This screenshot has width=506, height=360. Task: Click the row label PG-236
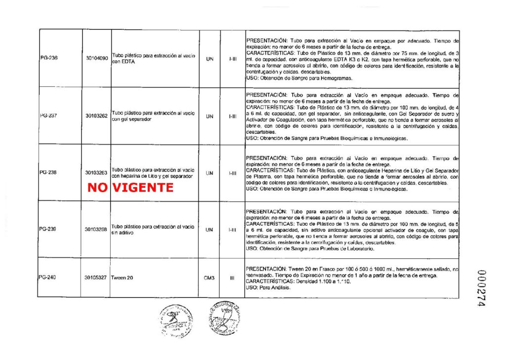click(x=48, y=58)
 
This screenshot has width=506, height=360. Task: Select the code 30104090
click(x=96, y=58)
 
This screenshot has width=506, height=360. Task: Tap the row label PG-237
click(x=48, y=116)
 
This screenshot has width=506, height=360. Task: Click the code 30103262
click(x=96, y=116)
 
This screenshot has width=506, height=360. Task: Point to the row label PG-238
click(x=48, y=173)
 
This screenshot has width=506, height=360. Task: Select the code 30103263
click(x=96, y=173)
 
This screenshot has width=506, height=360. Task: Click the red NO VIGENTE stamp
click(x=130, y=188)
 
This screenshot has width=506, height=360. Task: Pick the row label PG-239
click(x=48, y=229)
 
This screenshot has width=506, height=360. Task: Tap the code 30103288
click(x=96, y=229)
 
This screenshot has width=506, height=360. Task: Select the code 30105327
click(x=96, y=278)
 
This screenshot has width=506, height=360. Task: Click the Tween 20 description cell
click(x=122, y=278)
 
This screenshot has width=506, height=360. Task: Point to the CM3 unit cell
click(x=209, y=278)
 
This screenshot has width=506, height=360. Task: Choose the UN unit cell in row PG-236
click(x=209, y=58)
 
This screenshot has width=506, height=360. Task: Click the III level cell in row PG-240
click(x=232, y=278)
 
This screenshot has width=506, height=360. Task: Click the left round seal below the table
click(x=177, y=321)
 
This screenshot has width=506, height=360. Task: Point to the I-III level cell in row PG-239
click(x=232, y=229)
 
